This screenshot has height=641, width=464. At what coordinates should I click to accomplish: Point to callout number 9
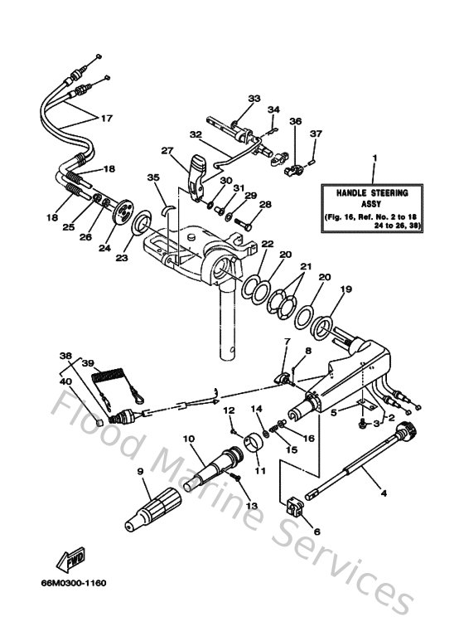click(x=140, y=472)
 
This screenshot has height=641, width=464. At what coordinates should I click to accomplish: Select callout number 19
click(x=346, y=289)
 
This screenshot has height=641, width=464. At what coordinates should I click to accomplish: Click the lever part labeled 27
click(x=196, y=175)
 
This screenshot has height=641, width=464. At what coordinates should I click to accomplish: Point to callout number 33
click(x=254, y=99)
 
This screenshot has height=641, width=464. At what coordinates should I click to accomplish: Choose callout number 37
click(x=316, y=134)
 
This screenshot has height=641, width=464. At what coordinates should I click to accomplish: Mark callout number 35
click(x=152, y=177)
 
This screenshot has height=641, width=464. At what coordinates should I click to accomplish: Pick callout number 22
click(x=267, y=244)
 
